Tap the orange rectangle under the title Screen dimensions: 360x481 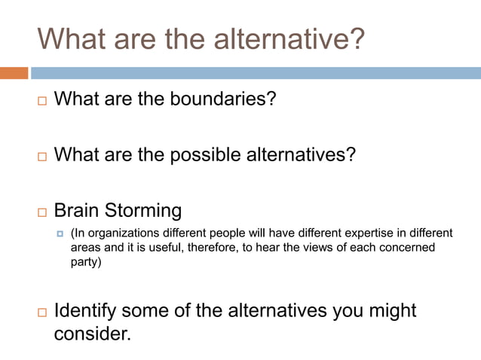[x=14, y=73]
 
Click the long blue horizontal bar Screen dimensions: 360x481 [x=256, y=73]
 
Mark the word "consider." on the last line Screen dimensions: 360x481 [x=92, y=334]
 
